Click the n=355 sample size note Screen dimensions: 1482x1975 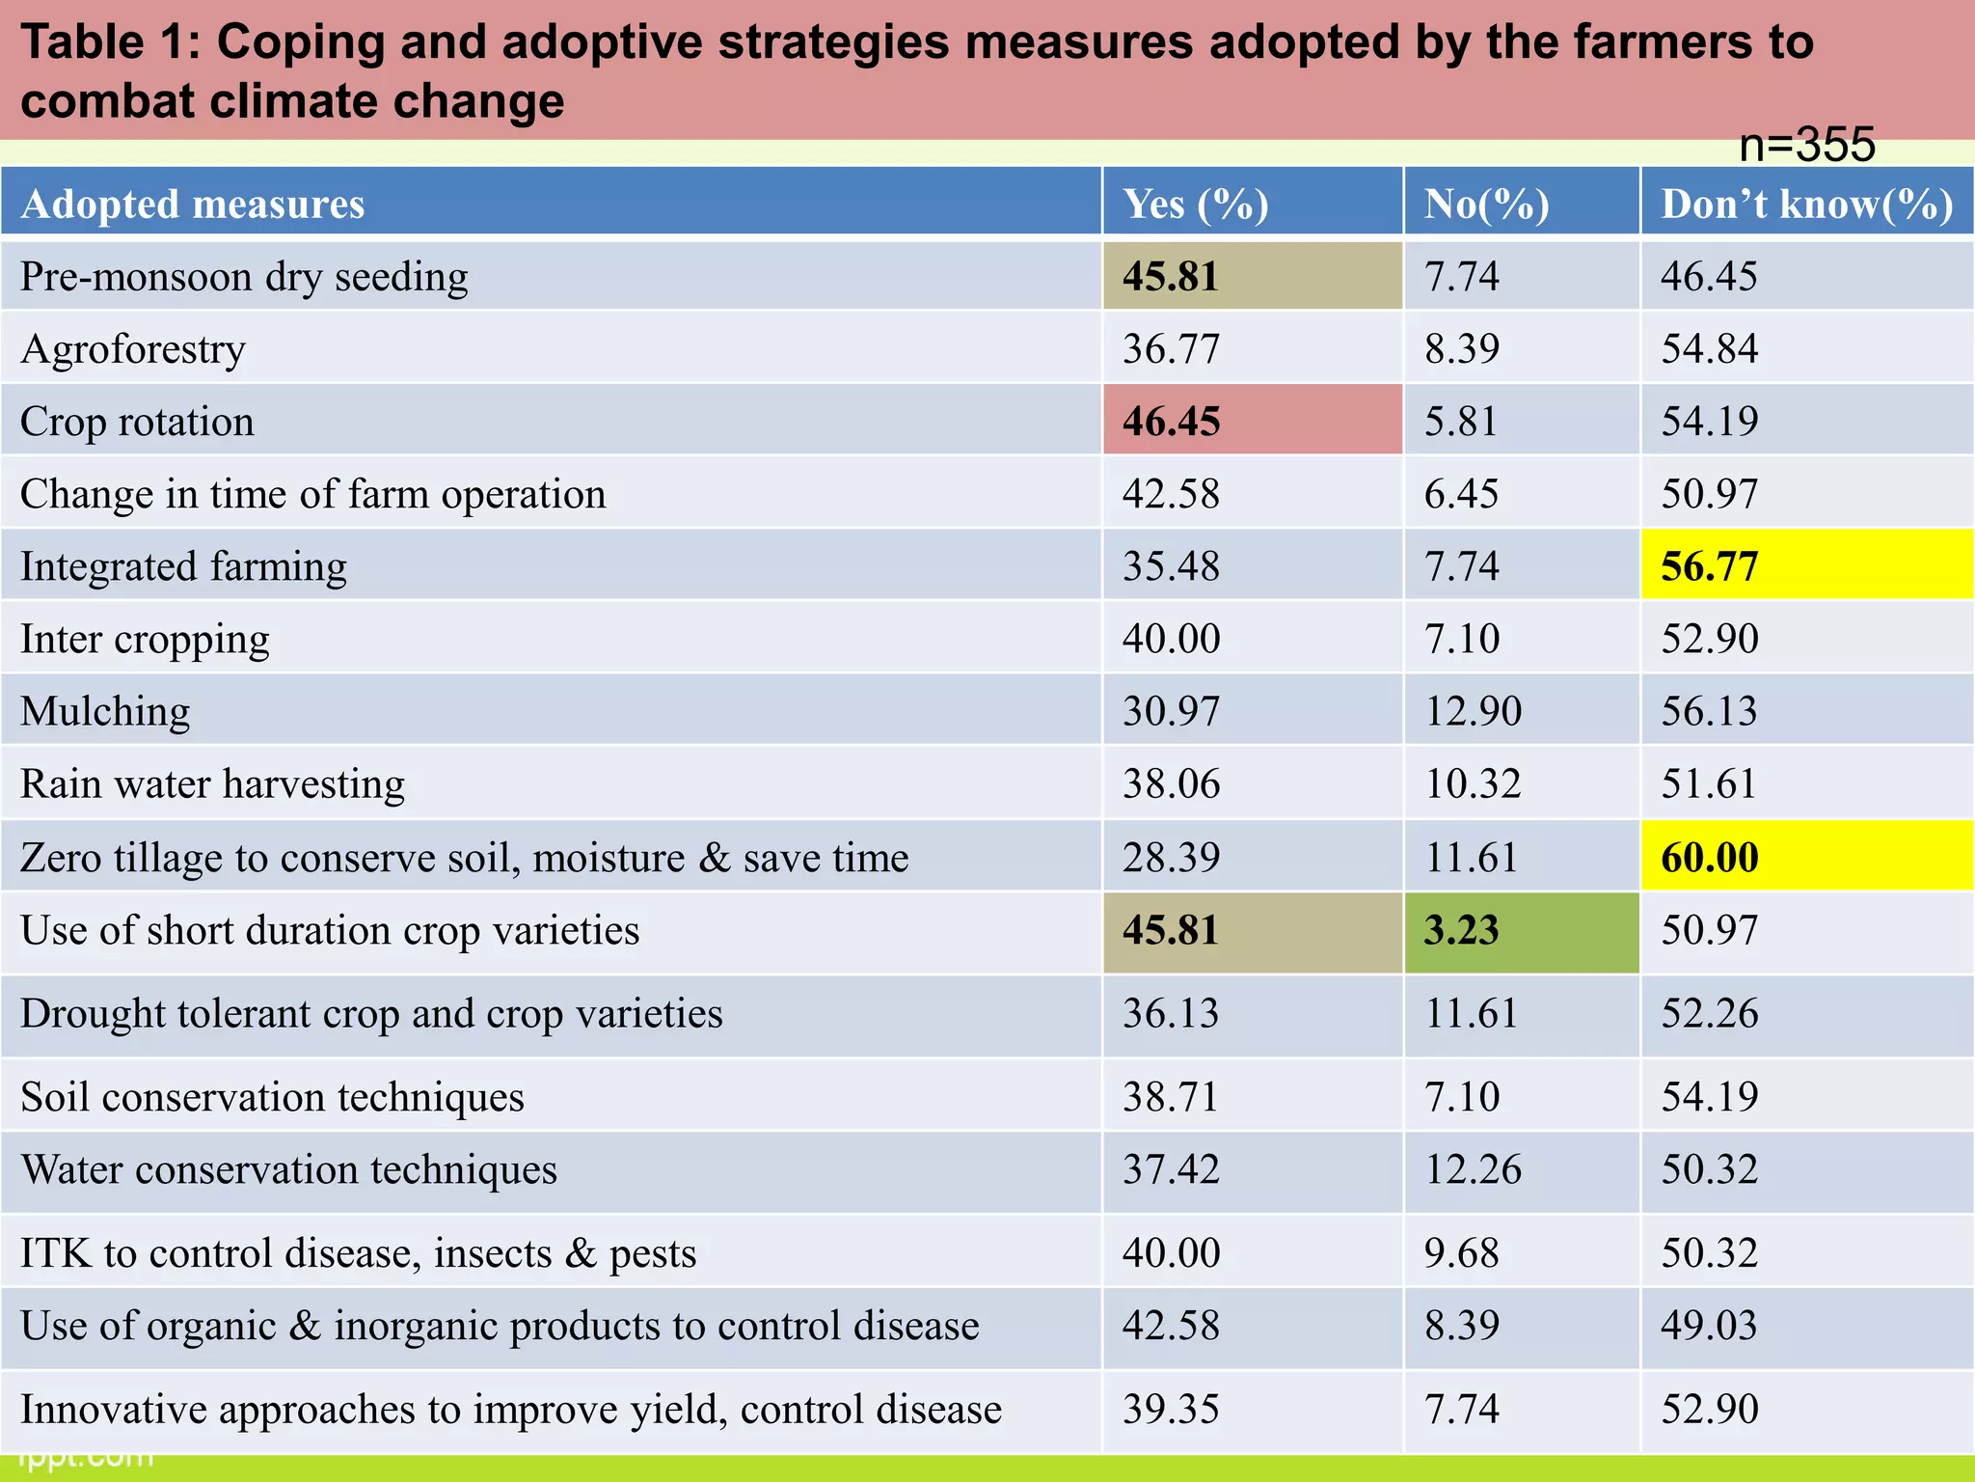(x=1806, y=145)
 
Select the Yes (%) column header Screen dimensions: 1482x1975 (x=1195, y=205)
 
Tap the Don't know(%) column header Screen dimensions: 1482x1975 (x=1806, y=205)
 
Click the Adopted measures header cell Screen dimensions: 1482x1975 (x=193, y=205)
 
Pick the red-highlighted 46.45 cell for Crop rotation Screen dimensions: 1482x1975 (x=1171, y=422)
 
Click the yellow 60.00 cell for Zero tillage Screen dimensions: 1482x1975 (x=1709, y=858)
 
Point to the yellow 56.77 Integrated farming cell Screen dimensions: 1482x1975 (x=1709, y=566)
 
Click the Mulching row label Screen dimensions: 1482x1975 (x=105, y=712)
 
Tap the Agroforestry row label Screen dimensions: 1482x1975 (x=133, y=349)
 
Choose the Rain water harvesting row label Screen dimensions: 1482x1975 (x=212, y=784)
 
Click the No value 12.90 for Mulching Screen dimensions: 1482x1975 (x=1473, y=712)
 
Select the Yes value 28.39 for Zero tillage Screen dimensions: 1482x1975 (x=1171, y=858)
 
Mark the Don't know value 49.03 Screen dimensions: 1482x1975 (x=1709, y=1326)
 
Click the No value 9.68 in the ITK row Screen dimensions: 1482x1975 (x=1461, y=1253)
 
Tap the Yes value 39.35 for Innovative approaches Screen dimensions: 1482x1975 (x=1171, y=1410)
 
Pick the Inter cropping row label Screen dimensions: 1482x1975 (x=145, y=640)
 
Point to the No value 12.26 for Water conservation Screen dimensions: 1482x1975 (x=1473, y=1170)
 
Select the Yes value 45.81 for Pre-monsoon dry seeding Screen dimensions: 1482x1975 (x=1171, y=277)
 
